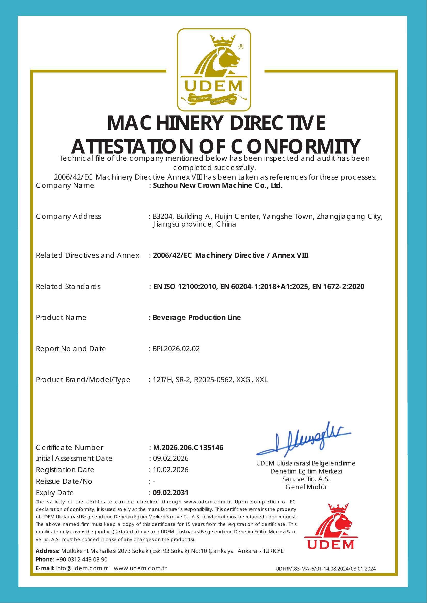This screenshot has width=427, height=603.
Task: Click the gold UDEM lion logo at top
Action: click(213, 70)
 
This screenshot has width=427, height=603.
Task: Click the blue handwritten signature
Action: click(304, 443)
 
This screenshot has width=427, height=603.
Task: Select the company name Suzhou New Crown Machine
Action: click(218, 186)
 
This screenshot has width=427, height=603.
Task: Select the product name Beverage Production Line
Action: click(197, 318)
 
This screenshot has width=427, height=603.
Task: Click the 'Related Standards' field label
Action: click(68, 286)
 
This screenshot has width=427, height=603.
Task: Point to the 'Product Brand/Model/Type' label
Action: click(83, 380)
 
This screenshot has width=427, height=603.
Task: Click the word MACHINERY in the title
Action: click(163, 123)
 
